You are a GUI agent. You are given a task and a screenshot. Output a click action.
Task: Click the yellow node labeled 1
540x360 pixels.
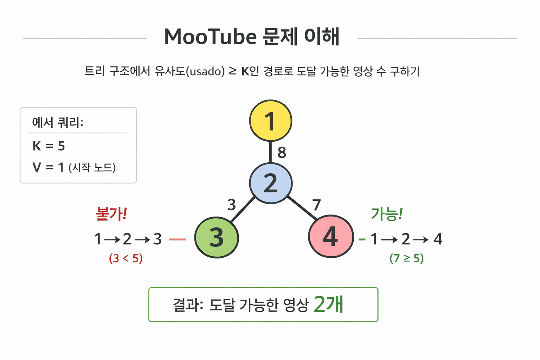(270, 121)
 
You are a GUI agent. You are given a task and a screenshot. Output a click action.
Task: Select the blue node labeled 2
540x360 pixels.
(270, 183)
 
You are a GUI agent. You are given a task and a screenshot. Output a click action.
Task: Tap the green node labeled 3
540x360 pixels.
(217, 238)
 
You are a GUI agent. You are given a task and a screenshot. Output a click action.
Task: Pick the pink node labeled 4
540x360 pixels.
(331, 237)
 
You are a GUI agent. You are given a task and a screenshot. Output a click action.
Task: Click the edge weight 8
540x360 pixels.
(282, 152)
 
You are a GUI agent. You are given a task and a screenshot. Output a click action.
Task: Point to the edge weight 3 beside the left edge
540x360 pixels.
(232, 205)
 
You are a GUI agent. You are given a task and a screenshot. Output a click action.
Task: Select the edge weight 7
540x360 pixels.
(316, 205)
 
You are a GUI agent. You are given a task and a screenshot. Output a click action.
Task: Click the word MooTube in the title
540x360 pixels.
(211, 37)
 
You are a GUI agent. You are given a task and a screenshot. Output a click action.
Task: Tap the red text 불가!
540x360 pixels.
(111, 214)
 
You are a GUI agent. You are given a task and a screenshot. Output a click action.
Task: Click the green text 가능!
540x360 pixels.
(387, 214)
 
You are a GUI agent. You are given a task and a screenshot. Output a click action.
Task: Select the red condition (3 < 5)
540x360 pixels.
(126, 258)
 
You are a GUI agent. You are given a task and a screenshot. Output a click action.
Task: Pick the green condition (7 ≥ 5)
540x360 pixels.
(406, 258)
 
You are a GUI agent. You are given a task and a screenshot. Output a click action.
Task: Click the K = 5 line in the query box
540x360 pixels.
(49, 146)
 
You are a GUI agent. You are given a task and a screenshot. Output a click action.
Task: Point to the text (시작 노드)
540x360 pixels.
(92, 167)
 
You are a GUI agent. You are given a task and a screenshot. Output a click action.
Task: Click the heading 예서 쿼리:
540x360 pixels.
(58, 122)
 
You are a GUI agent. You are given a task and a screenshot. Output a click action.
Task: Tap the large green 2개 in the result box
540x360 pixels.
(328, 304)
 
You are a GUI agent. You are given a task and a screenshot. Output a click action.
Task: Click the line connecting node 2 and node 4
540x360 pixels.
(302, 208)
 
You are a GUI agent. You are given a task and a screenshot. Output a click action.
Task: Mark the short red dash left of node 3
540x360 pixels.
(178, 239)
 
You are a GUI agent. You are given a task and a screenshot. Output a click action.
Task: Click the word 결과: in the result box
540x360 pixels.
(188, 305)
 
